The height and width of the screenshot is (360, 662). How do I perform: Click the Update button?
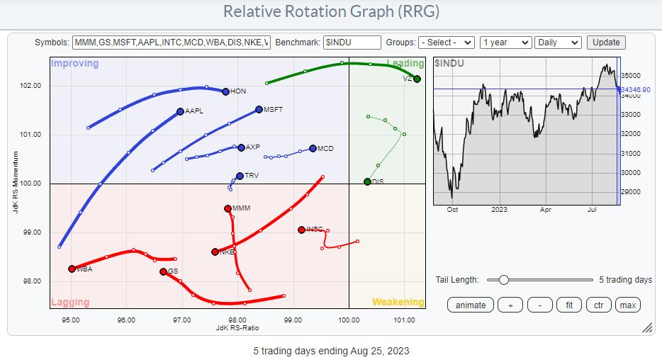(606, 43)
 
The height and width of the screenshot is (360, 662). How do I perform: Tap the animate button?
(471, 305)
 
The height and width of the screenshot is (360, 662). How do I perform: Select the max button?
(627, 305)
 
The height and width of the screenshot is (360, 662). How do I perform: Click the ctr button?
(598, 305)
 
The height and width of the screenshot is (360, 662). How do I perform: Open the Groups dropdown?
(447, 43)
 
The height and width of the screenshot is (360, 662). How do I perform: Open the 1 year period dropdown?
(505, 43)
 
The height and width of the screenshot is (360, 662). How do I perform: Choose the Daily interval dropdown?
(558, 43)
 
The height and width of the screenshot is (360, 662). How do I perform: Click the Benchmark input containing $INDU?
(352, 43)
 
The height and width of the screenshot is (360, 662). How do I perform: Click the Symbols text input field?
(172, 43)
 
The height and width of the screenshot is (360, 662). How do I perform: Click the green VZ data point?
(417, 79)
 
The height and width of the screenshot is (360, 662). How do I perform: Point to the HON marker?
(225, 91)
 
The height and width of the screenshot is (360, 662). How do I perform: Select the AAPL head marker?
(180, 111)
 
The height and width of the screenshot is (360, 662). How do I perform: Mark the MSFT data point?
(259, 110)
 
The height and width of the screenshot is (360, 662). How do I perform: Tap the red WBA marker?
(72, 269)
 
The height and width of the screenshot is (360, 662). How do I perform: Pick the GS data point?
(163, 271)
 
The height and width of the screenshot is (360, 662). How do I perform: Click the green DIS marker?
(367, 182)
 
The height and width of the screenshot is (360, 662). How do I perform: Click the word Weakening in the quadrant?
(398, 303)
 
